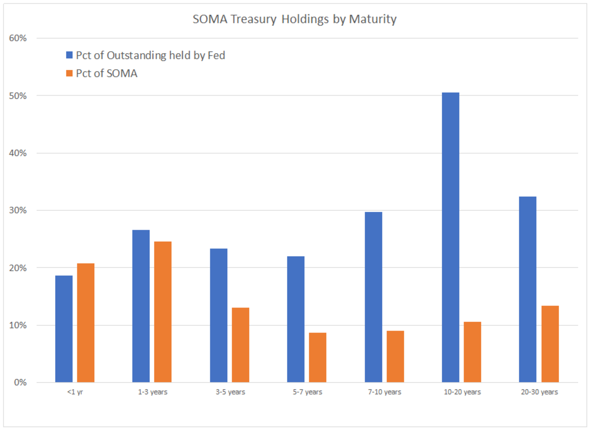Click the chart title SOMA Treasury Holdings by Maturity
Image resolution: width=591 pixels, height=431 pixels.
coord(295,20)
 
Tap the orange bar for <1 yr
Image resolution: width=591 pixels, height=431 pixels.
coord(86,323)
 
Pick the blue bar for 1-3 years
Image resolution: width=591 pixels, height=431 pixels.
coord(141,306)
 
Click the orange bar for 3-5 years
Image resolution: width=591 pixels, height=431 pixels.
coord(240,345)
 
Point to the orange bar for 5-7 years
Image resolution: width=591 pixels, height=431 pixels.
coord(318,358)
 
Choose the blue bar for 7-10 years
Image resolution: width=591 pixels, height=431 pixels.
coord(373,297)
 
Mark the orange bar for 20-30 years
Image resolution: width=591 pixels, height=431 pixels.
coord(550,344)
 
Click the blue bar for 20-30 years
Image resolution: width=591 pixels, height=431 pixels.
coord(528,290)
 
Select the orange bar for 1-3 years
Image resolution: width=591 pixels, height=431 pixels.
coord(163,312)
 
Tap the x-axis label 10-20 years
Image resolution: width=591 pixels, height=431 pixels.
coord(461,392)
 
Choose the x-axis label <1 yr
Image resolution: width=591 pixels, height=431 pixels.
coord(74,392)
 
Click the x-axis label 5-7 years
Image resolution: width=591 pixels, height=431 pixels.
coord(307,392)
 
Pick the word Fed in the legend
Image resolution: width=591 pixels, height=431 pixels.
coord(216,55)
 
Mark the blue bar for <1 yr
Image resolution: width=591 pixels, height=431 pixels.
coord(64,329)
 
